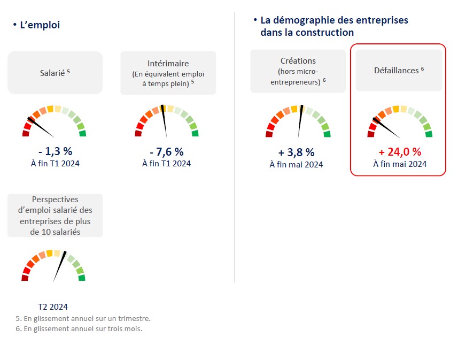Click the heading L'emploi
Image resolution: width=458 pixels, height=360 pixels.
pyautogui.click(x=40, y=25)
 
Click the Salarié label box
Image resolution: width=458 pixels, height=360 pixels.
pyautogui.click(x=55, y=72)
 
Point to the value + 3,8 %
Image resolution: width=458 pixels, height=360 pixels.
pyautogui.click(x=296, y=152)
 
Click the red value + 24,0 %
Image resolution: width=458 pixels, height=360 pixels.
pyautogui.click(x=400, y=152)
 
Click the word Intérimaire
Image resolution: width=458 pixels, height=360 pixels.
pyautogui.click(x=168, y=63)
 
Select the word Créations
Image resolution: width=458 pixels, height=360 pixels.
pyautogui.click(x=298, y=61)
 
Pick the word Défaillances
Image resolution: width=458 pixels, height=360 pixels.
pyautogui.click(x=396, y=70)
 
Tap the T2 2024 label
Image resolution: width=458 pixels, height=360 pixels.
pyautogui.click(x=53, y=307)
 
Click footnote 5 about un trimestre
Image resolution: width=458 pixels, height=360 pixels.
pyautogui.click(x=83, y=318)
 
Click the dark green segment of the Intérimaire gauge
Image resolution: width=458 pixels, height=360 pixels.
pyautogui.click(x=195, y=133)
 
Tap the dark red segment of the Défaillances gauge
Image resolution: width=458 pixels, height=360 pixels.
pyautogui.click(x=371, y=133)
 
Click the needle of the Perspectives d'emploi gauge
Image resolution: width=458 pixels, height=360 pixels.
pyautogui.click(x=59, y=265)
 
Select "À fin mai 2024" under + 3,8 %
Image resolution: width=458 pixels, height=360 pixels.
pyautogui.click(x=296, y=164)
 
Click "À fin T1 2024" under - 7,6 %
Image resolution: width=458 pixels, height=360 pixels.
pyautogui.click(x=166, y=164)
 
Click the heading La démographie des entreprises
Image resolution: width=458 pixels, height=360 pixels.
pyautogui.click(x=334, y=20)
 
